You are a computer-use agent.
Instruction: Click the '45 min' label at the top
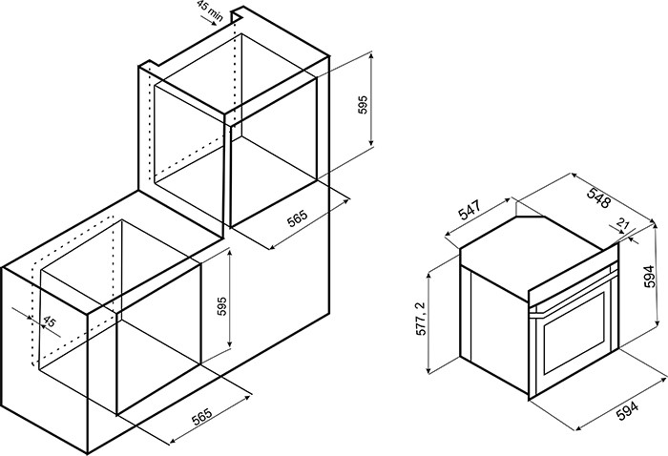(x=210, y=10)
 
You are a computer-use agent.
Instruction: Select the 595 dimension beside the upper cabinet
(x=362, y=105)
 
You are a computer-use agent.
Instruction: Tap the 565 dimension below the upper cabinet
(x=297, y=218)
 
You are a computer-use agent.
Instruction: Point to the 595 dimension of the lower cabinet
(x=222, y=306)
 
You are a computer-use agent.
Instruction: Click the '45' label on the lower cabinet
(x=50, y=321)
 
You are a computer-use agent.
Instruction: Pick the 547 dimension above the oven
(x=470, y=210)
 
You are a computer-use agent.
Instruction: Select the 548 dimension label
(x=599, y=197)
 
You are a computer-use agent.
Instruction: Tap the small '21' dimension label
(x=623, y=223)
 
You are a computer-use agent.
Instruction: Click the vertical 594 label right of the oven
(x=649, y=277)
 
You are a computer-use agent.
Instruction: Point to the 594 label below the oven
(x=628, y=411)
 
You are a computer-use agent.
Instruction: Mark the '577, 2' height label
(x=421, y=319)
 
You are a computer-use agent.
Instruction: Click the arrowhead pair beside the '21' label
(x=627, y=235)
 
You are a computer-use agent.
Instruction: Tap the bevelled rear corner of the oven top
(x=531, y=217)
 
